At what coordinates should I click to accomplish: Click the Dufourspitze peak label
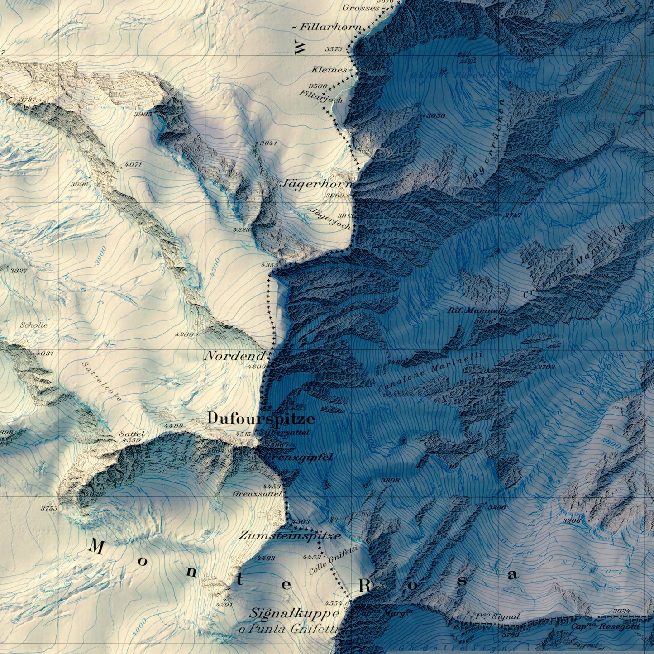pyautogui.click(x=261, y=419)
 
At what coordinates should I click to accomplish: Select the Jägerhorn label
pyautogui.click(x=316, y=184)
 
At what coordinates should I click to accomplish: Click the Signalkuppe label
pyautogui.click(x=294, y=614)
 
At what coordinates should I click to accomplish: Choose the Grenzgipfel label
pyautogui.click(x=299, y=458)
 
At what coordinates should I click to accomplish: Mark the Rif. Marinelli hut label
pyautogui.click(x=477, y=311)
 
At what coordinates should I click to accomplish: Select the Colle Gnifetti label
pyautogui.click(x=334, y=560)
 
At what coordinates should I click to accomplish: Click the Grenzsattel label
pyautogui.click(x=257, y=494)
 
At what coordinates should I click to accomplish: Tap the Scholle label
pyautogui.click(x=33, y=325)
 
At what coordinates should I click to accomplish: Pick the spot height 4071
pyautogui.click(x=133, y=165)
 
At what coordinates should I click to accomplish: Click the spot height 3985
pyautogui.click(x=143, y=114)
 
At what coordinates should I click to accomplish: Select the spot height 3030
pyautogui.click(x=436, y=116)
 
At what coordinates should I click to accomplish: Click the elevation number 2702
pyautogui.click(x=546, y=367)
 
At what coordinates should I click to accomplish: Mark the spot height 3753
pyautogui.click(x=49, y=508)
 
